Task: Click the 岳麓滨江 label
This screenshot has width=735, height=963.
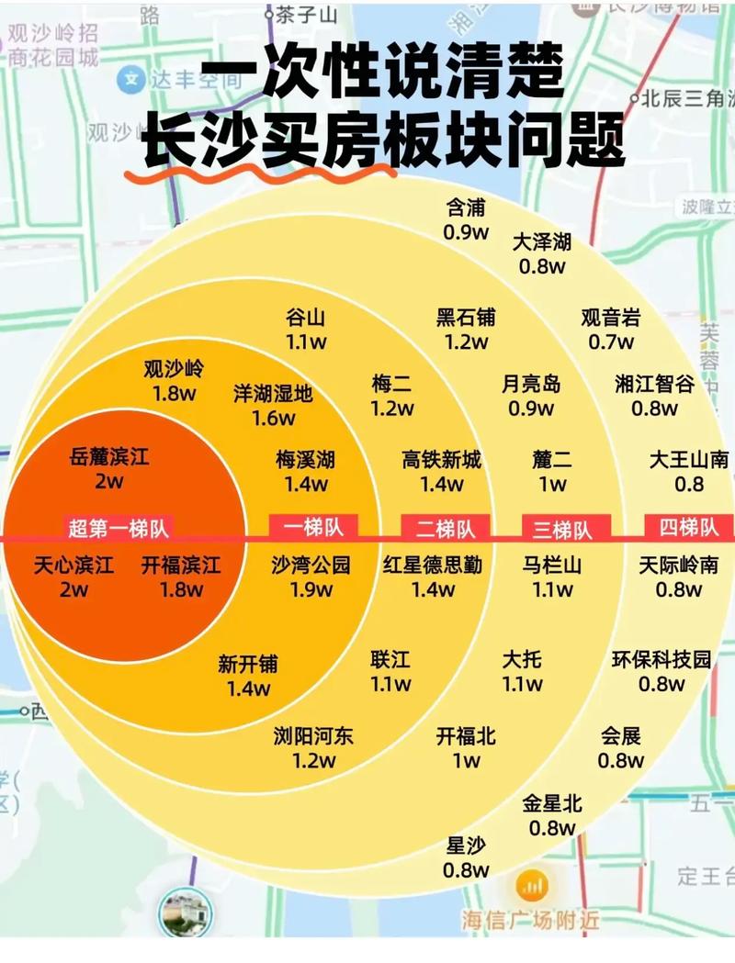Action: point(109,457)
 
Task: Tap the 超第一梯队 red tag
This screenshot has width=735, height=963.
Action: point(119,528)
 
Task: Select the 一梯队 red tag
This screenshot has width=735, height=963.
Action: point(312,527)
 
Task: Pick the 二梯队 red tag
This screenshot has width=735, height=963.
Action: point(446,529)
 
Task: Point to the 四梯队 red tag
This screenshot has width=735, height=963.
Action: point(688,527)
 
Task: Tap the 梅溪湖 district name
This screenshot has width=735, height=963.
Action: point(305,459)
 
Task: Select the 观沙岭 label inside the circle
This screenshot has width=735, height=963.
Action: point(175,370)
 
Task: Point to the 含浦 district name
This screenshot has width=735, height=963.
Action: point(466,207)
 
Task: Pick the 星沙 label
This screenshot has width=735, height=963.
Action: point(466,845)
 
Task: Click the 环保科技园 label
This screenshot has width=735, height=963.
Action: point(661,659)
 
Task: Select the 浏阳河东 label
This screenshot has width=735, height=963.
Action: point(313,735)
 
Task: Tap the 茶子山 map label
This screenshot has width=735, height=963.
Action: point(307,15)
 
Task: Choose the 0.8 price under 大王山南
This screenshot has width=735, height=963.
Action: point(688,484)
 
